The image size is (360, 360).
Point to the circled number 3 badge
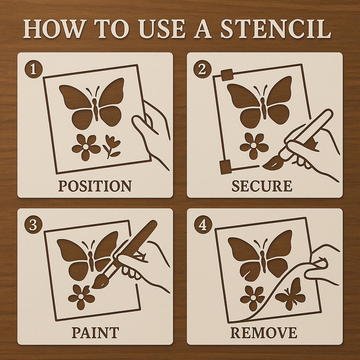(x=33, y=225)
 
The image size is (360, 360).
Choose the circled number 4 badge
(x=202, y=225)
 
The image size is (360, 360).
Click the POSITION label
(x=95, y=186)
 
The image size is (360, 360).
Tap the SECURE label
(x=262, y=186)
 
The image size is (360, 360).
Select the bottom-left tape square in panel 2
(x=225, y=166)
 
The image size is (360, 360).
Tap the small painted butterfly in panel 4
(x=290, y=294)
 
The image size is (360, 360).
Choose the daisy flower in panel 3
(x=81, y=297)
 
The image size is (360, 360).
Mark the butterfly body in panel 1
(x=95, y=105)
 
